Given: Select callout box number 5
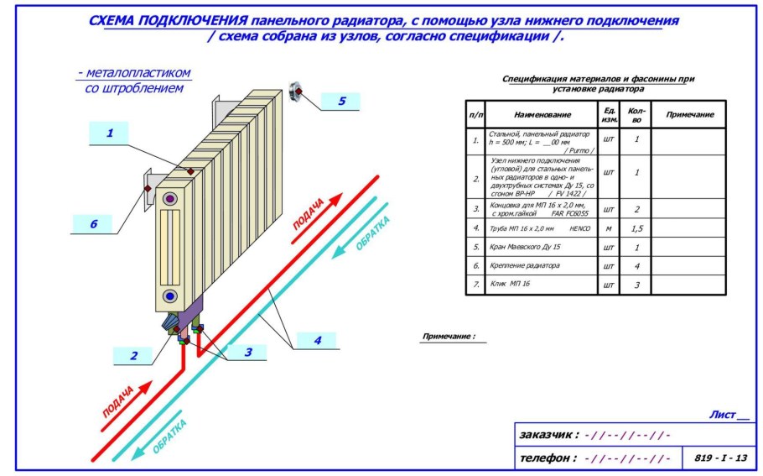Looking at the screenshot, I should pos(340,102).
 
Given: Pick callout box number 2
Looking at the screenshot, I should pos(134,356).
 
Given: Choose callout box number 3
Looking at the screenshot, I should pos(248,352).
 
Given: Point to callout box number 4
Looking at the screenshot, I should pos(316,341).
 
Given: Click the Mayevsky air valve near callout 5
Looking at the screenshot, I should pos(298,90).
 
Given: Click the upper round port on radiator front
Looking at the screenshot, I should pos(170,199).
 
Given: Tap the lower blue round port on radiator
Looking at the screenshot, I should pos(170,296).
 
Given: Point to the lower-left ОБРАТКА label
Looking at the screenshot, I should pos(170,436).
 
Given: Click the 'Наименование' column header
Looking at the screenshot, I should pos(542,114).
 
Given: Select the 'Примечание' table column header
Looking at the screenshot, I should pos(688,114).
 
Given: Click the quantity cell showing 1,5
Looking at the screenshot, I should pos(636,228).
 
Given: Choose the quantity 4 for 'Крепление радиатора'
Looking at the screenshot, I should pos(636,266).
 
